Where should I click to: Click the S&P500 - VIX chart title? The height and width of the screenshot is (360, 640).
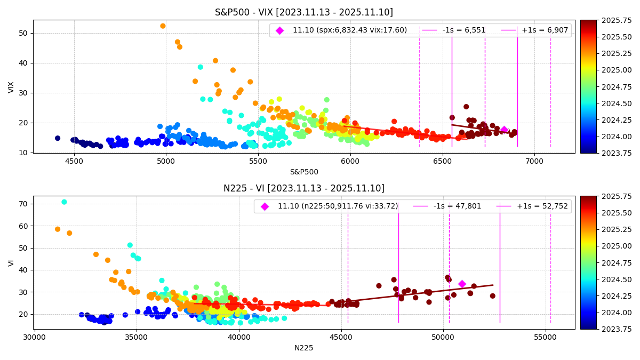[303, 12]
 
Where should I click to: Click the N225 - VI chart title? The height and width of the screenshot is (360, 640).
[303, 188]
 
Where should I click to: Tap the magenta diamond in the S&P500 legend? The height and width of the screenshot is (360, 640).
[279, 30]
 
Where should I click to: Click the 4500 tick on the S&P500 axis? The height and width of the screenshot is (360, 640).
[74, 160]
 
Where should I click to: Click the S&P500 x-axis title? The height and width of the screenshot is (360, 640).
[303, 172]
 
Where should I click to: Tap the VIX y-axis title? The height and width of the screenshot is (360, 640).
[11, 87]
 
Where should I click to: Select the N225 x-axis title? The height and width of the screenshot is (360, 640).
[303, 348]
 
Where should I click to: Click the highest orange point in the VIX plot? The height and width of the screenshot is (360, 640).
[163, 26]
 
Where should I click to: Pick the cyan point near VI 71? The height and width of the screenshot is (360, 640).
[64, 202]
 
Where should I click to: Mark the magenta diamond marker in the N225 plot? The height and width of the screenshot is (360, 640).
[462, 284]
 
